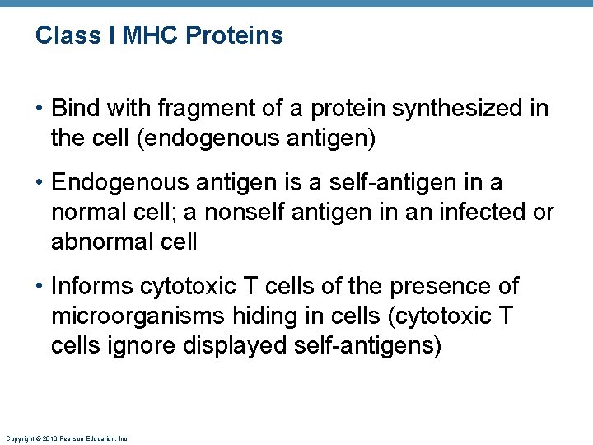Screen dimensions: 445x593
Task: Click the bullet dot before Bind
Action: coord(40,109)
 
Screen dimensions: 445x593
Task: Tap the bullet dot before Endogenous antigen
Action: coord(40,183)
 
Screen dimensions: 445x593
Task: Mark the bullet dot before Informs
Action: coord(40,287)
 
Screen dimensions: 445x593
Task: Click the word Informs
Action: coord(91,287)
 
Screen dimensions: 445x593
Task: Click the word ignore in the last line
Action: coord(138,345)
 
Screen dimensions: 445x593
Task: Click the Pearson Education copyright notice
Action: coord(67,439)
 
